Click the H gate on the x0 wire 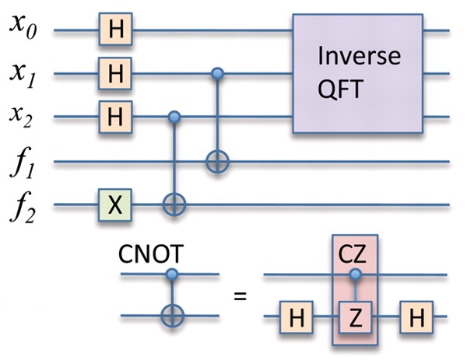pyautogui.click(x=115, y=29)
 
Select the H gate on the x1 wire pyautogui.click(x=115, y=73)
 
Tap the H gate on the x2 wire pyautogui.click(x=115, y=117)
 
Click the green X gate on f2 pyautogui.click(x=115, y=205)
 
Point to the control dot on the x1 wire pyautogui.click(x=217, y=73)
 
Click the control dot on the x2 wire pyautogui.click(x=174, y=117)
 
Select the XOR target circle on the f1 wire pyautogui.click(x=217, y=163)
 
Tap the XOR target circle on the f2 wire pyautogui.click(x=174, y=205)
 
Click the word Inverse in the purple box pyautogui.click(x=359, y=56)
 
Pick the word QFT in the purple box pyautogui.click(x=340, y=89)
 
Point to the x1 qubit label pyautogui.click(x=23, y=75)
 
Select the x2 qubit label pyautogui.click(x=20, y=117)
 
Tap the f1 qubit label pyautogui.click(x=22, y=163)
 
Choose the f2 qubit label pyautogui.click(x=23, y=206)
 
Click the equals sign pyautogui.click(x=240, y=296)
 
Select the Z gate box pyautogui.click(x=356, y=317)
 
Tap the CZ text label pyautogui.click(x=352, y=255)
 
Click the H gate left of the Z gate pyautogui.click(x=296, y=317)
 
